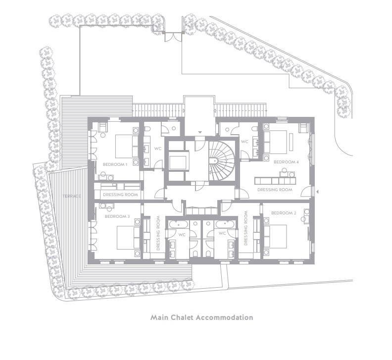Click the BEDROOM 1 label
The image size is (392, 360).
coord(115,164)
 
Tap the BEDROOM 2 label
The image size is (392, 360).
coord(284,213)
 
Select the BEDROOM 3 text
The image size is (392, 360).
coord(117,216)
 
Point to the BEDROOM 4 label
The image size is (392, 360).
coord(286,162)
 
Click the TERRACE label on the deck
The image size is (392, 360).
coord(72,196)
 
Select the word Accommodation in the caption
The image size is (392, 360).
coord(225,317)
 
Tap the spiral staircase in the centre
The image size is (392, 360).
coord(222,160)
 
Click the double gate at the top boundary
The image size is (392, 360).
coord(173,37)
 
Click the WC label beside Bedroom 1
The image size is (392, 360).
coord(158,149)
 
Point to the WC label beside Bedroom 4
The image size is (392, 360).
coord(245,142)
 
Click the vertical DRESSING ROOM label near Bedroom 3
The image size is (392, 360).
coord(158,233)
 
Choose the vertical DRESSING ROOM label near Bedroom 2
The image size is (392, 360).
coord(246,228)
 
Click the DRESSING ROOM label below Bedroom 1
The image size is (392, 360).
coord(120,195)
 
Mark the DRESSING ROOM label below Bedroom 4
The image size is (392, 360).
coord(275,190)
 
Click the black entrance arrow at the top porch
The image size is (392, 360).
coord(200,132)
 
